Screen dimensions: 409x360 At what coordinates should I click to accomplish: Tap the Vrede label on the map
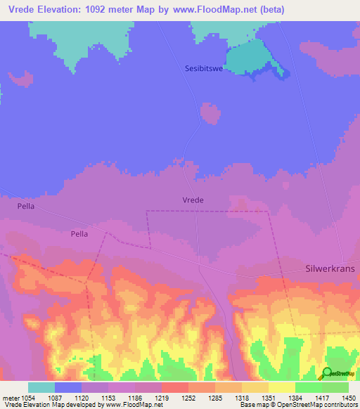pos(193,200)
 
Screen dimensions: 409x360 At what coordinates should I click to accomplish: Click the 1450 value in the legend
pos(347,398)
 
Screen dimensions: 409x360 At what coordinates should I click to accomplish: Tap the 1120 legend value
pos(81,398)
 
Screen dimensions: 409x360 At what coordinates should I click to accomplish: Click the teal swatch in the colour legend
pos(41,387)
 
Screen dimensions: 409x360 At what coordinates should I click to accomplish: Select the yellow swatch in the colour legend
pos(281,387)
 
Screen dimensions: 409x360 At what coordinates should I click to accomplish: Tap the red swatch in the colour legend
pos(174,387)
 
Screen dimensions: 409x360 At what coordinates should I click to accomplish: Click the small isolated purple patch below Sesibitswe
pos(209,112)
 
